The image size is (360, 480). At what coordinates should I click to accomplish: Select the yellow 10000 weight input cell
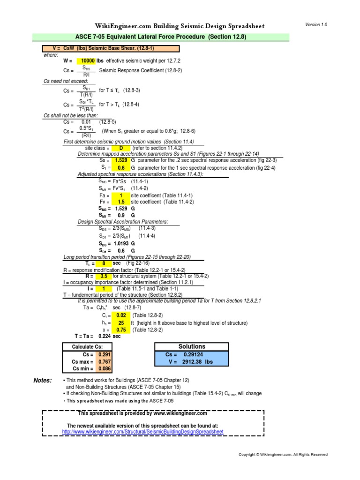point(88,61)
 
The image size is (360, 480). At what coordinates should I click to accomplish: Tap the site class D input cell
point(120,148)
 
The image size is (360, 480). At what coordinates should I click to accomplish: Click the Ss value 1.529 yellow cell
point(120,160)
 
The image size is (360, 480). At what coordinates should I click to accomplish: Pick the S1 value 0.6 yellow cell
point(120,167)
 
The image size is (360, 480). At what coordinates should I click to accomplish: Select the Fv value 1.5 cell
point(120,202)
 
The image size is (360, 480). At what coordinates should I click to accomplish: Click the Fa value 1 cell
point(120,195)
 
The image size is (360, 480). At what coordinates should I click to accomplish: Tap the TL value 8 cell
point(104,263)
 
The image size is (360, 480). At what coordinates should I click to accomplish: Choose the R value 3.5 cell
point(104,276)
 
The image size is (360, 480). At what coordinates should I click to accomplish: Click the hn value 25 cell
point(120,323)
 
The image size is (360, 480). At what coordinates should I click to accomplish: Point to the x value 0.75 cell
point(120,330)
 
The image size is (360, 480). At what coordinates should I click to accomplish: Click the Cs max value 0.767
point(104,362)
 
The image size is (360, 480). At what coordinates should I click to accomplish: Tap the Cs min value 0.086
point(104,369)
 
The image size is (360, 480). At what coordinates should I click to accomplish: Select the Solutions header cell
point(192,346)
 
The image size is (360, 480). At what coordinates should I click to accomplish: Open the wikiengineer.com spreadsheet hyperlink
point(142,431)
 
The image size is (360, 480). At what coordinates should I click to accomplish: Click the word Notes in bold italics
point(42,381)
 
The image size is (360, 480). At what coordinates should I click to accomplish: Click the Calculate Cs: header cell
point(87,346)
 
